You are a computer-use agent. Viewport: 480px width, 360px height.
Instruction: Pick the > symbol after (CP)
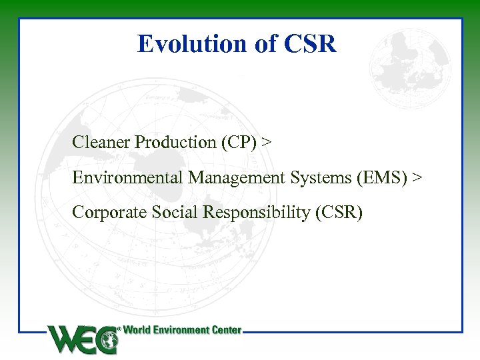(x=267, y=142)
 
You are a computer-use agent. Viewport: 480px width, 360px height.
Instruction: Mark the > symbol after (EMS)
(x=417, y=177)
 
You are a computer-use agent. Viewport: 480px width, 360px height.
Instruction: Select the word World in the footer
(x=138, y=330)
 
